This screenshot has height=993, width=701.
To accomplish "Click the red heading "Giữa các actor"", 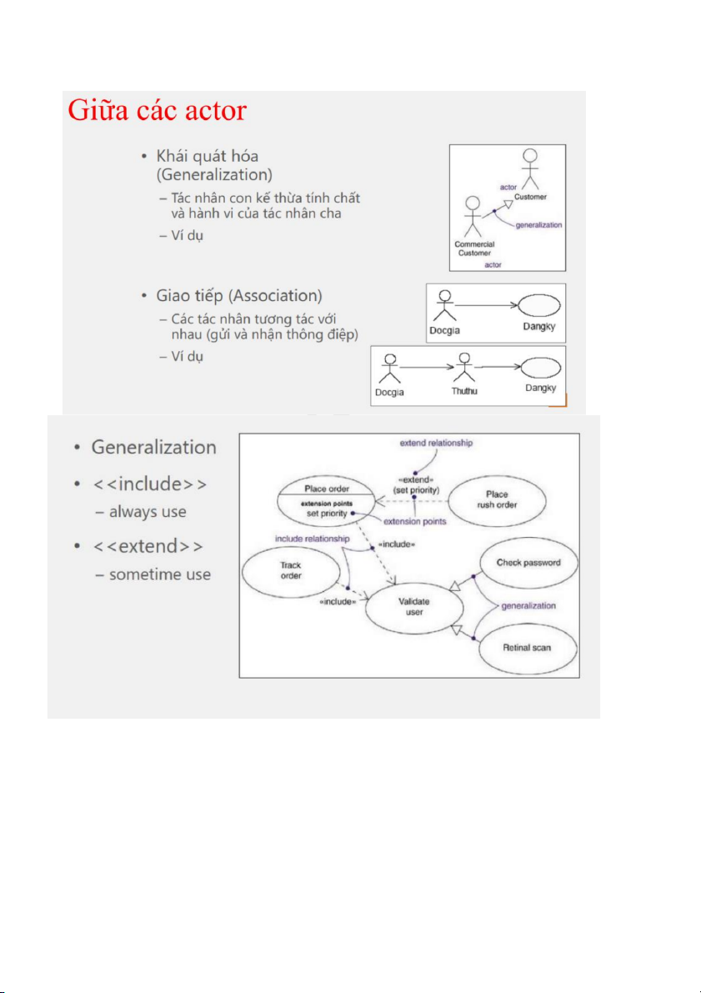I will click(157, 111).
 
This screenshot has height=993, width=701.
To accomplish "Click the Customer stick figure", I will click(529, 169).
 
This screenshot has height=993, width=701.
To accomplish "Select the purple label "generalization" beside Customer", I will click(538, 225).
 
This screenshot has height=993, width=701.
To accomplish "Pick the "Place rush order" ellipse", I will click(497, 499).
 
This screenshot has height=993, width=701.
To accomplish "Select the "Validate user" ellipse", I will click(414, 607).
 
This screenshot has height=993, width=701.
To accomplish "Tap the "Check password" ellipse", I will click(528, 563).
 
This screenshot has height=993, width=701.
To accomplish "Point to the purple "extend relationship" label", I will click(436, 443).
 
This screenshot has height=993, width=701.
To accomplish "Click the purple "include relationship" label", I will click(313, 539).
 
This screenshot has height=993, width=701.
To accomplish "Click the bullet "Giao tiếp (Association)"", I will click(239, 296).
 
